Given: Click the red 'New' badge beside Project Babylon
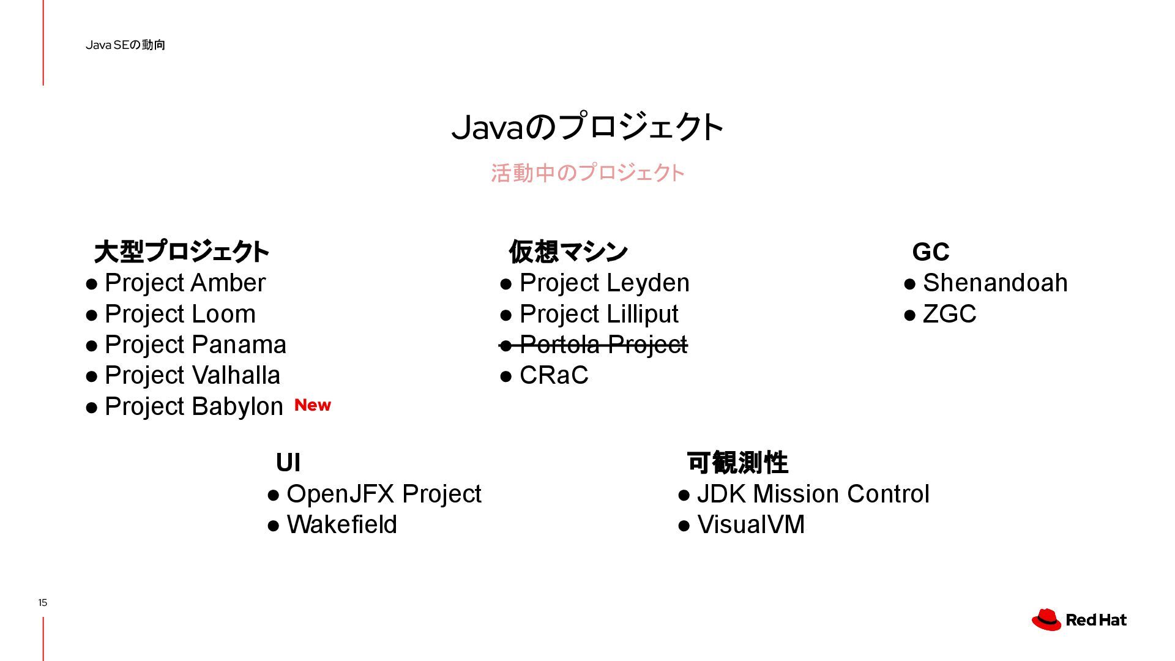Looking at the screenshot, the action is (312, 405).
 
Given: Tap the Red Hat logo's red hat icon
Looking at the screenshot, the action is (1046, 619).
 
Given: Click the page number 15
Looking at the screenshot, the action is (42, 603).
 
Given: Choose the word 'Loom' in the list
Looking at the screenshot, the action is (223, 315).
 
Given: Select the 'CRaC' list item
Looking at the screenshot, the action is (553, 376).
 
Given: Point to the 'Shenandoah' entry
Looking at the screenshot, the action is (994, 283).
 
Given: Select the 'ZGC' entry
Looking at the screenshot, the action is (949, 315).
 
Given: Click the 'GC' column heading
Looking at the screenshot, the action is (930, 252).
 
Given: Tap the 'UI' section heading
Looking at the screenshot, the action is (288, 463).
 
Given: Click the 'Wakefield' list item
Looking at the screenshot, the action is (341, 525).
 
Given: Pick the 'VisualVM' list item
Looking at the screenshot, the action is (750, 525).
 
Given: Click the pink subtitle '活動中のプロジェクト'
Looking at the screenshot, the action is (587, 173).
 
